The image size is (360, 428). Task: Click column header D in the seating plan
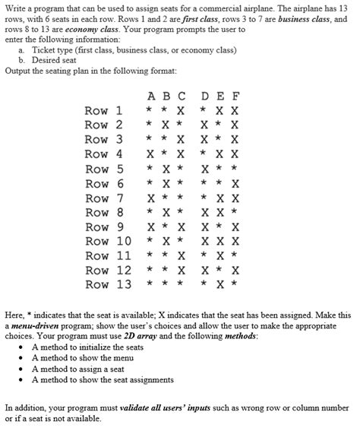tap(205, 97)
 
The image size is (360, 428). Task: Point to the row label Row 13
tap(108, 284)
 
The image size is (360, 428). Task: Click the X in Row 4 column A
tap(150, 154)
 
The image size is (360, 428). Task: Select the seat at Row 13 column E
tap(220, 284)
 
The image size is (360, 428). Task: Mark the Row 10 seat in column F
tap(235, 241)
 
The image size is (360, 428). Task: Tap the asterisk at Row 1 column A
tap(150, 111)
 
